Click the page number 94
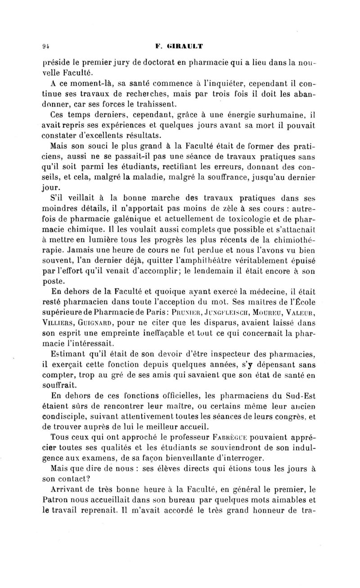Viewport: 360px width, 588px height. (x=45, y=45)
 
